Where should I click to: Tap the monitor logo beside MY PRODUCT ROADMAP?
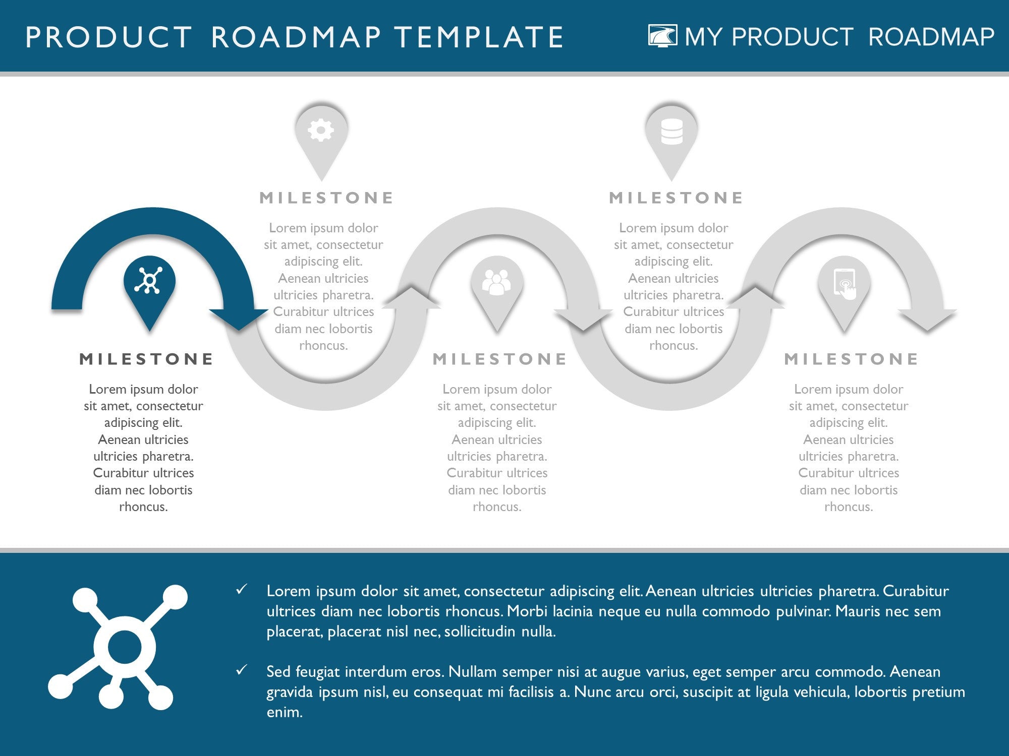coord(662,36)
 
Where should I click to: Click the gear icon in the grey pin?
coord(321,131)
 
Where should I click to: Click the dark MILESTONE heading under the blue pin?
coord(146,359)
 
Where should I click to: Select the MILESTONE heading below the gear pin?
coord(326,198)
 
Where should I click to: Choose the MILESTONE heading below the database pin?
coord(676,198)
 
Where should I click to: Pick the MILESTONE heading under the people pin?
coord(500,359)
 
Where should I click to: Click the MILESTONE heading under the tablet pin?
coord(851,359)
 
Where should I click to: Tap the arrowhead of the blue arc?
coord(239,319)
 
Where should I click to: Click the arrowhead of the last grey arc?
coord(927,320)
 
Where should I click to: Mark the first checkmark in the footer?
coord(242,589)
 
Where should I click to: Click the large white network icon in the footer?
coord(118,647)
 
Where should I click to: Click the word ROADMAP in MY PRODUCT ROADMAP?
coord(931,37)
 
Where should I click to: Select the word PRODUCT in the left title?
coord(108,37)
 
